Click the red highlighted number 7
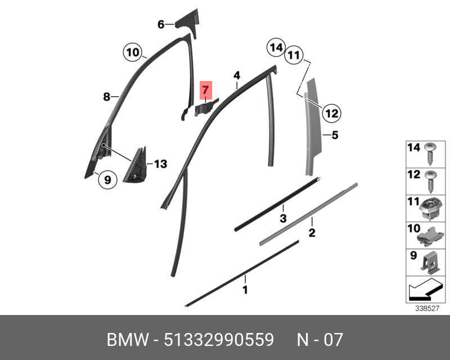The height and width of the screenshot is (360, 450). [x=205, y=90]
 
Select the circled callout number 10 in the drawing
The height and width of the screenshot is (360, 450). [x=132, y=53]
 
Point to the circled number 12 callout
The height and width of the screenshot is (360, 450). [x=331, y=114]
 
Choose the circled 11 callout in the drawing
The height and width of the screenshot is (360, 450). [x=293, y=55]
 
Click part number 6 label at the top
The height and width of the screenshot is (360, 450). [x=161, y=25]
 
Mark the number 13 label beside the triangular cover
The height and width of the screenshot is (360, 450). [x=160, y=164]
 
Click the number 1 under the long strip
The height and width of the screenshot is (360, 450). [x=245, y=290]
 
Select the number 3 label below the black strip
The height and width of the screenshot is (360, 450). [x=283, y=218]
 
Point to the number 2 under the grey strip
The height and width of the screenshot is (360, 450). [x=311, y=232]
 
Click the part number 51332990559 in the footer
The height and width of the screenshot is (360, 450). [x=218, y=340]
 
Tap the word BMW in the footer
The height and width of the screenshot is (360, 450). [x=127, y=340]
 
